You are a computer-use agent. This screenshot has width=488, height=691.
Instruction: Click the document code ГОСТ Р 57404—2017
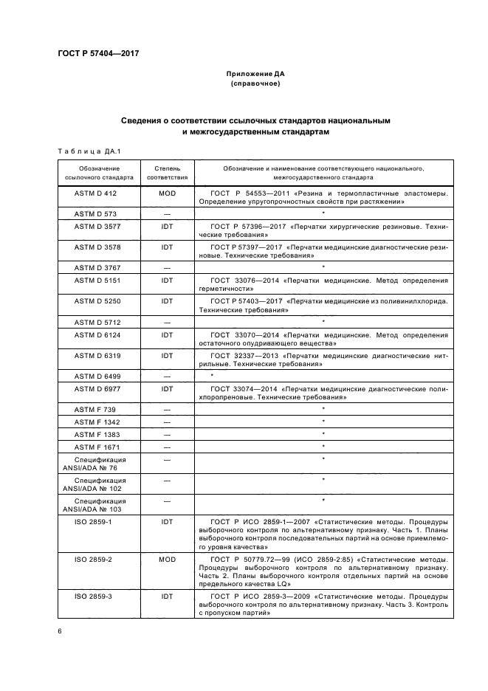(x=98, y=53)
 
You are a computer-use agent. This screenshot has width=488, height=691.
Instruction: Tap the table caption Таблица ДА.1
(x=89, y=152)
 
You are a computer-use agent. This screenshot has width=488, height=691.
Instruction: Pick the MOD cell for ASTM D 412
(x=167, y=193)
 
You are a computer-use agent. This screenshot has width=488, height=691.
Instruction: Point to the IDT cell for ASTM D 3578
(x=167, y=247)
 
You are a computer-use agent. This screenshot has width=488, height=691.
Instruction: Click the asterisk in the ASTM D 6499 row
(x=212, y=377)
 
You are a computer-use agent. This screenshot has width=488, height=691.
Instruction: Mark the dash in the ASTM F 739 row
(x=167, y=409)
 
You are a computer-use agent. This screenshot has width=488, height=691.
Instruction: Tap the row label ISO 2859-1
(x=92, y=521)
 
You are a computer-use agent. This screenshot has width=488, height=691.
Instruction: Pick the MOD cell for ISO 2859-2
(x=167, y=559)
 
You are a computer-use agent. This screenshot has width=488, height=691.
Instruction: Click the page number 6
(x=60, y=632)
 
